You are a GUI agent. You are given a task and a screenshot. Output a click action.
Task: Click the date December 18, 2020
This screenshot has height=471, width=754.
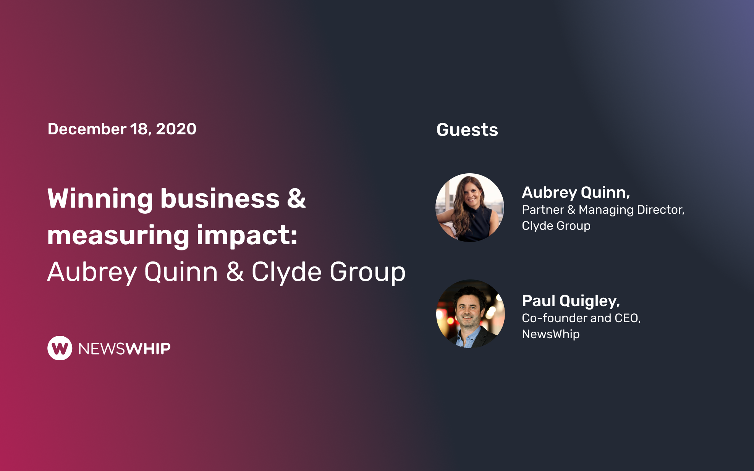click(122, 129)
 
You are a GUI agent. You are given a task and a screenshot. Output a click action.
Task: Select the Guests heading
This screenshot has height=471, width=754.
click(467, 130)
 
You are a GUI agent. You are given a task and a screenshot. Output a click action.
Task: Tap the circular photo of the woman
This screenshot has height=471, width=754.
click(470, 208)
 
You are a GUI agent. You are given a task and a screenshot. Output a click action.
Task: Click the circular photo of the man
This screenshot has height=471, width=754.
click(470, 314)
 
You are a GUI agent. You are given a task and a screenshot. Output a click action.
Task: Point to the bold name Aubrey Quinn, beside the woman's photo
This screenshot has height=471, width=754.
click(576, 192)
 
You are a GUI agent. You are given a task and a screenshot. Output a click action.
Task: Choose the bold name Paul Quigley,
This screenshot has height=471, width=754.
click(571, 301)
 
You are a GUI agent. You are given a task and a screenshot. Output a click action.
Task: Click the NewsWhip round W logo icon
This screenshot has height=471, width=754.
click(60, 348)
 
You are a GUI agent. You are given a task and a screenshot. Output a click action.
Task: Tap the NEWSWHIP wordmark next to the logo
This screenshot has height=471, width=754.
click(125, 348)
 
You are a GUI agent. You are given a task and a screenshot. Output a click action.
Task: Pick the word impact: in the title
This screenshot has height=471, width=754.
click(247, 235)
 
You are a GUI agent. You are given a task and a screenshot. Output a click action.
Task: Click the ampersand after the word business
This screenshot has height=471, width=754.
click(296, 199)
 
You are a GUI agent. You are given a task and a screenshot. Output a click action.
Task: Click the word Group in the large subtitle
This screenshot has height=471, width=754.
click(367, 273)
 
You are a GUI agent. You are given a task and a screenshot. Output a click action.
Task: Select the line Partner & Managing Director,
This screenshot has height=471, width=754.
click(603, 210)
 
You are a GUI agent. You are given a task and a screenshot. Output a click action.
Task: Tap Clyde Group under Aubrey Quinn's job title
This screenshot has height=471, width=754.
click(556, 226)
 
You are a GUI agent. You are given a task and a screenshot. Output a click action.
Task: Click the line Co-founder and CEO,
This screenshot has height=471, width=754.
click(581, 318)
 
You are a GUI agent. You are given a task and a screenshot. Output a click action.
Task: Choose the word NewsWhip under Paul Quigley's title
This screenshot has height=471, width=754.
click(551, 334)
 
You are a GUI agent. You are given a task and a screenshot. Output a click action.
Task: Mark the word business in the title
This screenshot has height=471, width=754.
click(220, 199)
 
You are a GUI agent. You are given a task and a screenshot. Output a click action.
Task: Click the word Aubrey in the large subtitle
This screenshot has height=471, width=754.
click(92, 273)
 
